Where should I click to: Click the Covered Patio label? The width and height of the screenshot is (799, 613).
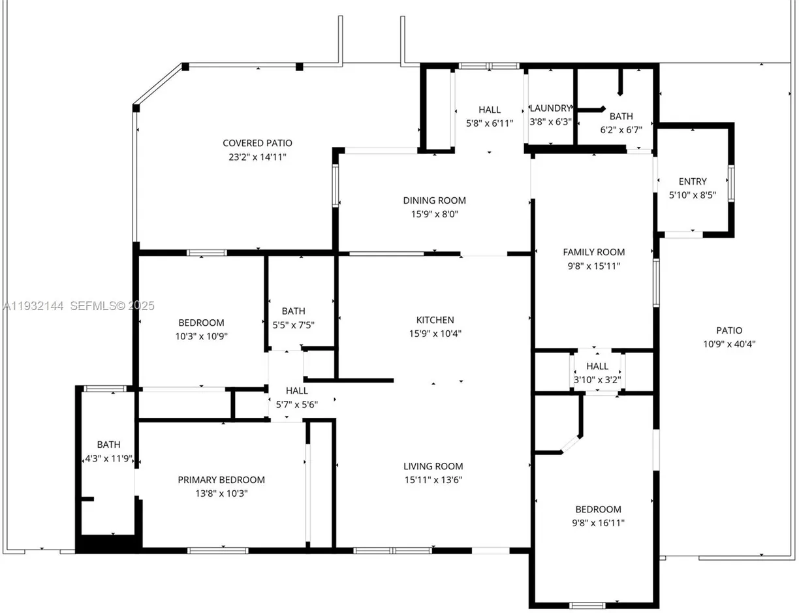[257, 143]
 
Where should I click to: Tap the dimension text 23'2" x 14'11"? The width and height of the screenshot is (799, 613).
[257, 157]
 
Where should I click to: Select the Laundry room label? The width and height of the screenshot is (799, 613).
[550, 108]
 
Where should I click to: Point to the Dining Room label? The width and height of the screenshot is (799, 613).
[434, 200]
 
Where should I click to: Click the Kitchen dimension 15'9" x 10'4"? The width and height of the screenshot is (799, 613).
[435, 334]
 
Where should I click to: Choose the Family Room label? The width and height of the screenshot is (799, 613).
[593, 252]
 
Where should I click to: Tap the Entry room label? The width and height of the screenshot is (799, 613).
[693, 181]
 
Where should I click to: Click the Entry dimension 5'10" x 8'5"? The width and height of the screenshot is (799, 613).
[693, 195]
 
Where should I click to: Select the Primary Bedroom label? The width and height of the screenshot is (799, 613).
[221, 480]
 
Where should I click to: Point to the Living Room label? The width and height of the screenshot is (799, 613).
[433, 466]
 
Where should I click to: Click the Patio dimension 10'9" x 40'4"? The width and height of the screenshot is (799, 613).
[728, 344]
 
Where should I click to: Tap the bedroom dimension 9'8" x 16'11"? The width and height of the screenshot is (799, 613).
[598, 523]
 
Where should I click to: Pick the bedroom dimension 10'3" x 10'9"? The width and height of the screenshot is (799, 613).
[201, 336]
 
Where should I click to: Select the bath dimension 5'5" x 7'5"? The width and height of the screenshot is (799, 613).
[293, 324]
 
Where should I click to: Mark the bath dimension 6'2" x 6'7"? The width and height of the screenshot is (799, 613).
[621, 130]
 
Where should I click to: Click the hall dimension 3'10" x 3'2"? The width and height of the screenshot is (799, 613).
[597, 379]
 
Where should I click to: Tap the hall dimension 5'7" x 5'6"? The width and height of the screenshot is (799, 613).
[296, 404]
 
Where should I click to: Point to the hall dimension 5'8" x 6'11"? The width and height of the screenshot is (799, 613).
[489, 123]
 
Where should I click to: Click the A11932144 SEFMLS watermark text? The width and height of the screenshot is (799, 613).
[78, 306]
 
